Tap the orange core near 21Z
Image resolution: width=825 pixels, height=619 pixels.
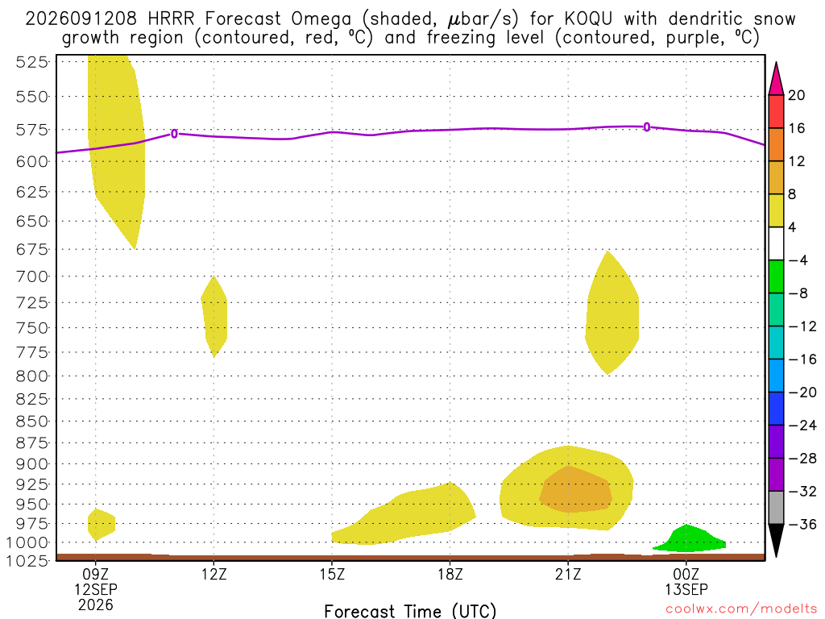[575, 490]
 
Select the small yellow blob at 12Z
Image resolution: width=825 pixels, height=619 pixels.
[214, 317]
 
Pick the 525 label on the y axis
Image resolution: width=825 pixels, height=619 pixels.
[31, 62]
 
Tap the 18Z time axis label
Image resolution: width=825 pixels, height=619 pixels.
[450, 574]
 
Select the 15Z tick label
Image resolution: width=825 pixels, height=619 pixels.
[331, 574]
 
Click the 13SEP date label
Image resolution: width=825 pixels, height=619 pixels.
[686, 589]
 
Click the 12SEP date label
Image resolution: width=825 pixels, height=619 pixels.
[95, 589]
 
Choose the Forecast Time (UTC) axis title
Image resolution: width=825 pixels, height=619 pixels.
[410, 611]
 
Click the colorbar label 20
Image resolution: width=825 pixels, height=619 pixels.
[796, 95]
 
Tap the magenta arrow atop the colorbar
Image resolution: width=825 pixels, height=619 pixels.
[776, 79]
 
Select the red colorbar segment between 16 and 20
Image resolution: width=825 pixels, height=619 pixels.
[776, 111]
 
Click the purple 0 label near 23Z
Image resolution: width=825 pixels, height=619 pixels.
[647, 127]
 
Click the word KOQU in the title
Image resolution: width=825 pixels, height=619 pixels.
[588, 19]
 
